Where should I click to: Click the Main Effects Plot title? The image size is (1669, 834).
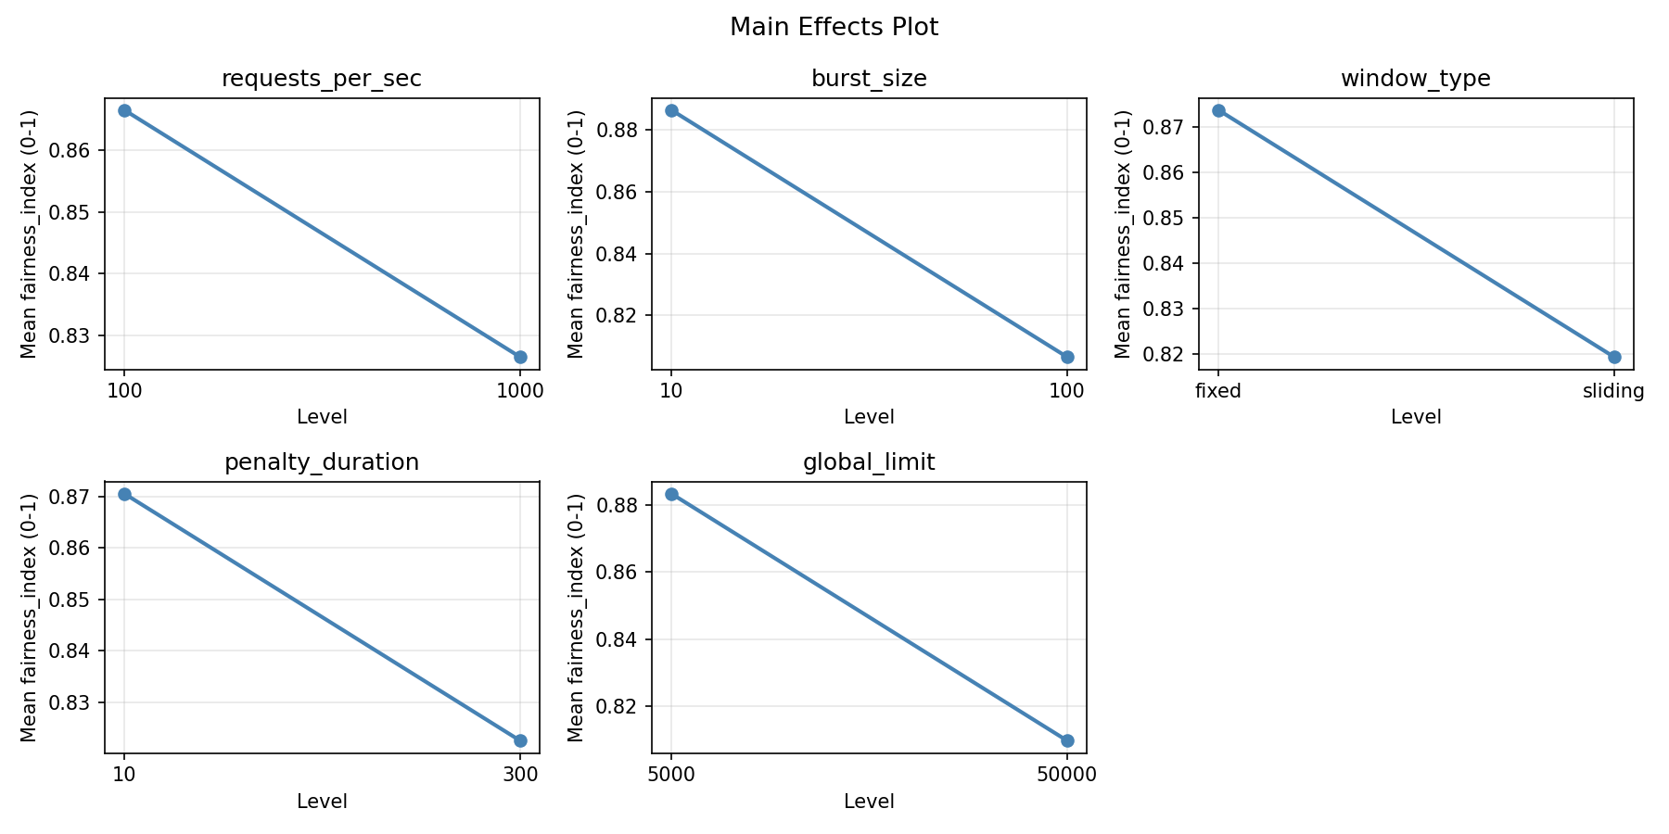tap(834, 28)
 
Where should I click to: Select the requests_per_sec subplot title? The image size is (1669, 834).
tap(321, 79)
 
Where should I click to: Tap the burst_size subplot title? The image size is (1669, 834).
tap(869, 79)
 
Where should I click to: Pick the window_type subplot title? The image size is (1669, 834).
tap(1415, 79)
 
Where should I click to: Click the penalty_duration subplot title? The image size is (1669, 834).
tap(321, 462)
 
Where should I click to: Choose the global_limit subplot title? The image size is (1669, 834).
tap(869, 462)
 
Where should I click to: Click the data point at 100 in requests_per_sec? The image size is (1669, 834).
tap(124, 110)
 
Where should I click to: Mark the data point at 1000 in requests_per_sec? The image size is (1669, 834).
tap(520, 357)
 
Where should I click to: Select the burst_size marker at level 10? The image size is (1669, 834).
tap(671, 110)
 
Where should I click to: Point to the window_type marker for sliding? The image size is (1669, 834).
tap(1614, 357)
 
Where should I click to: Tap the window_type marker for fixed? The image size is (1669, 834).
tap(1218, 110)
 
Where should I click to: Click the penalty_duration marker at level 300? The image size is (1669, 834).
tap(520, 740)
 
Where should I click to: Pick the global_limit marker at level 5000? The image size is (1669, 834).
tap(671, 494)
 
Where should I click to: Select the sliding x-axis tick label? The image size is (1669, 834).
tap(1613, 391)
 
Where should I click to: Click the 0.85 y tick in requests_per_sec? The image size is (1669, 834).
tap(80, 212)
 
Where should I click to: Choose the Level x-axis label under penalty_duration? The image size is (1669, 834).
tap(322, 802)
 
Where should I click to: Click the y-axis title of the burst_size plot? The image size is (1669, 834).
tap(576, 234)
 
